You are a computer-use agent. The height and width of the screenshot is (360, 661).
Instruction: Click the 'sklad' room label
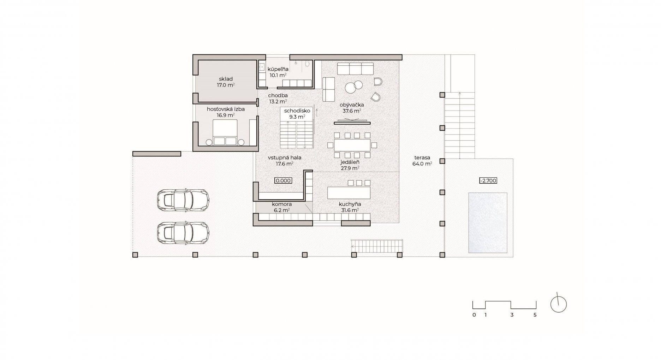225,79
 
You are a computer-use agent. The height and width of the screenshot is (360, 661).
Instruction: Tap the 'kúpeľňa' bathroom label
278,69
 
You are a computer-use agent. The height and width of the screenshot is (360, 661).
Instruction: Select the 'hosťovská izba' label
226,109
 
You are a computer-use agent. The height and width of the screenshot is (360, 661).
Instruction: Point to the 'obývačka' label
351,105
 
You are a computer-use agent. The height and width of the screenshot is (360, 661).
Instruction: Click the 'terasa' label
422,158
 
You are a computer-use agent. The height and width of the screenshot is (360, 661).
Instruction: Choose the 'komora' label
281,204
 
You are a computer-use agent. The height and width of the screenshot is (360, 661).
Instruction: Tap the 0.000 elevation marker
283,181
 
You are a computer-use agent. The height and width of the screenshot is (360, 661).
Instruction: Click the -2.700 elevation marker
488,181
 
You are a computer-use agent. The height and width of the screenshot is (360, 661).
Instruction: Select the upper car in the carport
183,200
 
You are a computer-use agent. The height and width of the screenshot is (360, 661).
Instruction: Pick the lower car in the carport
183,233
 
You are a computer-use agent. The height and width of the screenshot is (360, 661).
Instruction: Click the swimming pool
488,223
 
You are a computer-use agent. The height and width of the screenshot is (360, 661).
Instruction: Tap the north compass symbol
558,304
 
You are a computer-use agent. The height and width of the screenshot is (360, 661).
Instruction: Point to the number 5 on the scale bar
535,315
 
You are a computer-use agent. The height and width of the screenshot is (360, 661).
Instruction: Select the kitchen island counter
349,193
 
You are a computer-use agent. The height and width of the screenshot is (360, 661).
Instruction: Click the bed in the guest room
225,132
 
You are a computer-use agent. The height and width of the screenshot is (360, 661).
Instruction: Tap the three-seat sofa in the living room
356,69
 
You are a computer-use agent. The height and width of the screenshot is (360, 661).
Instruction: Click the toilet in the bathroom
307,64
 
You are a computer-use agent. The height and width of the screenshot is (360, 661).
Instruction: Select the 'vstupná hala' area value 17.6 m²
285,164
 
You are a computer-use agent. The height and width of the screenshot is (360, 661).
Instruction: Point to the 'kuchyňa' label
350,204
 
